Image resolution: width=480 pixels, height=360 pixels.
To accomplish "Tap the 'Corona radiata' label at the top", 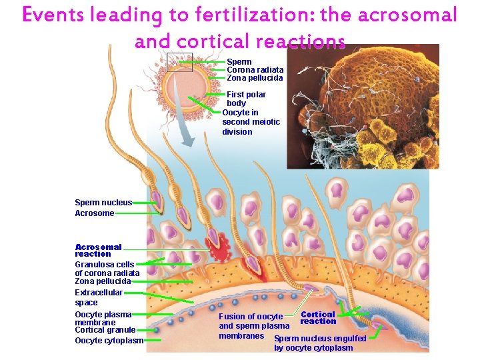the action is click(255, 69).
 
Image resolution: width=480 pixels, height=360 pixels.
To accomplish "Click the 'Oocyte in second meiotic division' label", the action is click(251, 122).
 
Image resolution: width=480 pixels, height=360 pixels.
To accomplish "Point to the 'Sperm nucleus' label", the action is click(103, 202).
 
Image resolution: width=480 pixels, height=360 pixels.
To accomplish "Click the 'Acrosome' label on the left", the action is click(94, 213).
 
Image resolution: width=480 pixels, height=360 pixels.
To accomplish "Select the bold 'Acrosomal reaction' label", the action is click(98, 250).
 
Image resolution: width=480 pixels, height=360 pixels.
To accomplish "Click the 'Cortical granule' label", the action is click(105, 330).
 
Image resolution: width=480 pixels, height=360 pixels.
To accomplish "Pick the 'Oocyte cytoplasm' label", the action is click(109, 341).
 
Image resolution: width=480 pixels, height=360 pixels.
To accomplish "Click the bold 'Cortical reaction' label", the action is click(318, 317).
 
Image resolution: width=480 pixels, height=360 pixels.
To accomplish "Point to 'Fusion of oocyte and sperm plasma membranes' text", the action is click(254, 325).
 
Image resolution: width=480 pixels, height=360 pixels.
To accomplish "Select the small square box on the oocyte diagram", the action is click(179, 62).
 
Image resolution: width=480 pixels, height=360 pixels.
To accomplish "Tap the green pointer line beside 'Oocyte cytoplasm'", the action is click(153, 340).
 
